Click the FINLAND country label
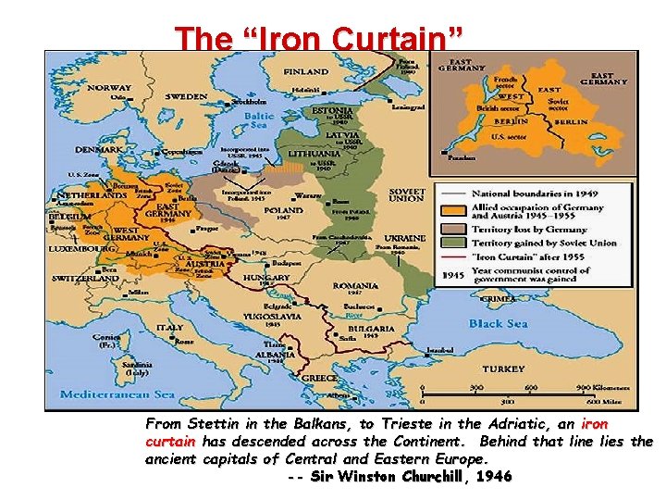point(306,71)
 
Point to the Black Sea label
point(498,323)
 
